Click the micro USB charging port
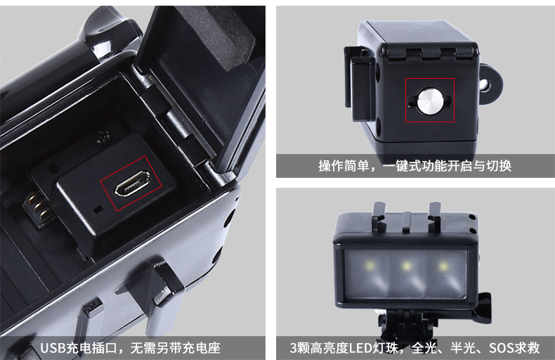[132, 184]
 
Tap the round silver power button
[429, 101]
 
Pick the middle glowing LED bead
[406, 265]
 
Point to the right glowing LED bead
[443, 265]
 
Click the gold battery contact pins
[38, 209]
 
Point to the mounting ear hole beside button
[483, 85]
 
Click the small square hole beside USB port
[98, 209]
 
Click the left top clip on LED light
[379, 215]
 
